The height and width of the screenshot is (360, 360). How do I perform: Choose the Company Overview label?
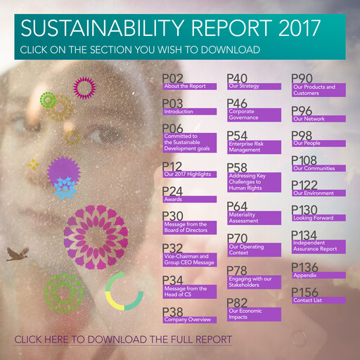pyautogui.click(x=189, y=319)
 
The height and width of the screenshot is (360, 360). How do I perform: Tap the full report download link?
pyautogui.click(x=123, y=340)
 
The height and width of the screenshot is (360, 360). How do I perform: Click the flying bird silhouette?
pyautogui.click(x=17, y=253)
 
